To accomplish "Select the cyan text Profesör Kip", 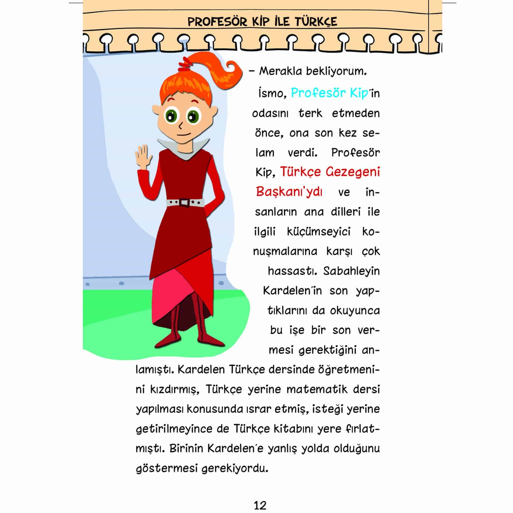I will point(329,93).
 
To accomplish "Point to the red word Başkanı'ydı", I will point(289,192).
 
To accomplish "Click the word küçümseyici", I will point(318,232).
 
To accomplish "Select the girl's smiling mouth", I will point(183,134).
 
